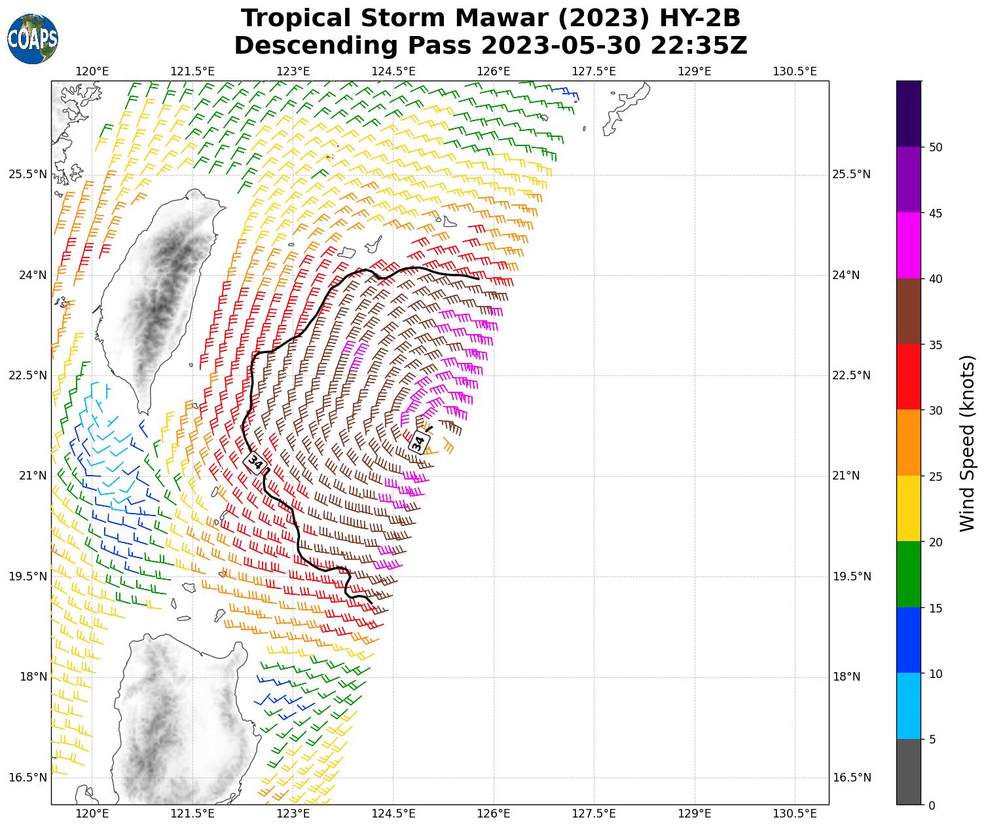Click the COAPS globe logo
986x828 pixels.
tap(33, 39)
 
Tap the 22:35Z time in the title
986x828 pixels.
tap(699, 46)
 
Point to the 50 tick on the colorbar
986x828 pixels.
tap(936, 147)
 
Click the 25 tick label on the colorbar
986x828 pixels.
tap(936, 476)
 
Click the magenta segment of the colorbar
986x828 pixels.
tap(908, 245)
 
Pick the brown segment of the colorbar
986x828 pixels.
tap(908, 311)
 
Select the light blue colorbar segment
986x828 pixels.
tap(908, 706)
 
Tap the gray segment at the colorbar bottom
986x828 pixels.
tap(908, 772)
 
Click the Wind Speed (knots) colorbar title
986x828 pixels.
tap(967, 443)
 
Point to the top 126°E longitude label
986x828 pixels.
tap(494, 71)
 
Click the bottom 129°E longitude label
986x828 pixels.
tap(695, 814)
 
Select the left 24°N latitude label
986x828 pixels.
tap(27, 275)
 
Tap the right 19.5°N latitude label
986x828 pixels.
tap(851, 576)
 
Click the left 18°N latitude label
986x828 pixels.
tap(27, 677)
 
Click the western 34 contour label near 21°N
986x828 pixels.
tap(255, 462)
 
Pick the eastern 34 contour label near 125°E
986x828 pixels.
tap(419, 442)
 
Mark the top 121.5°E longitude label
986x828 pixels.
tap(192, 71)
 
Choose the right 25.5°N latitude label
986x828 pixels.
tap(851, 174)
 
